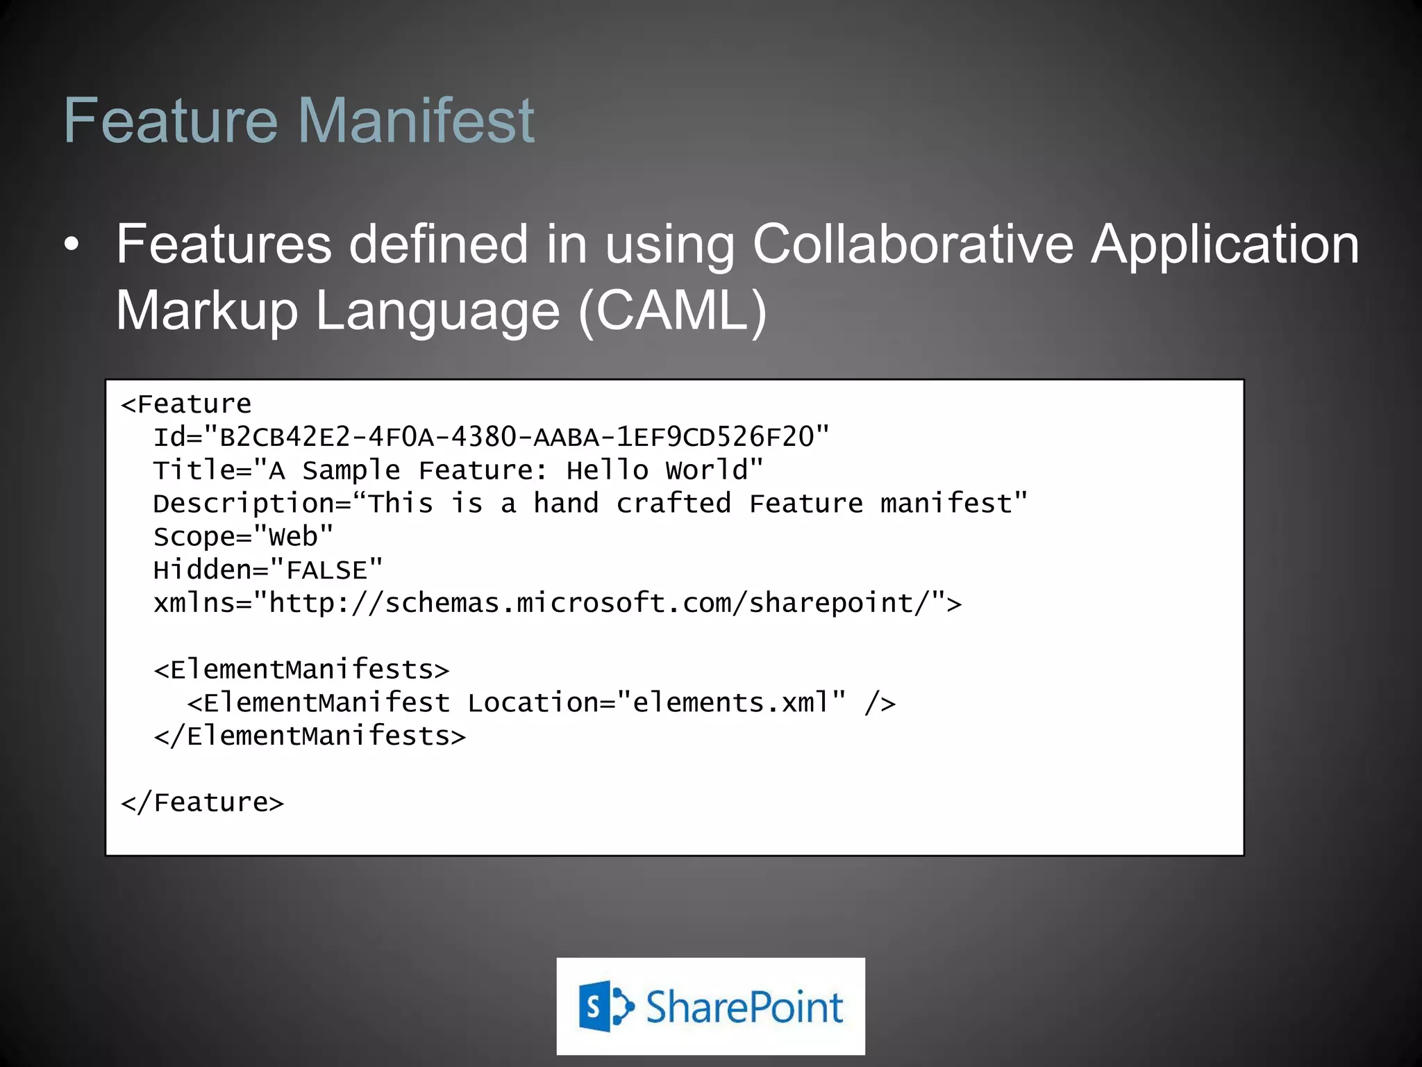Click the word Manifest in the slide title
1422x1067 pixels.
click(x=416, y=121)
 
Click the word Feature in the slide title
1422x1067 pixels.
click(x=171, y=121)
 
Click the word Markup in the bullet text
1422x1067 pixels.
click(x=207, y=311)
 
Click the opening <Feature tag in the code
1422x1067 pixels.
click(x=186, y=404)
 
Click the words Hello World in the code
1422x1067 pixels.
click(x=657, y=471)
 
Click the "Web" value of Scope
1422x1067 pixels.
click(x=293, y=537)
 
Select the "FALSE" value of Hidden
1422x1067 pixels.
click(x=326, y=570)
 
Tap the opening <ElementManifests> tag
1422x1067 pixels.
click(x=301, y=670)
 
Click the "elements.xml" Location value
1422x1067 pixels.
click(x=731, y=703)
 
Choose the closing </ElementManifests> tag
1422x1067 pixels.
click(x=310, y=736)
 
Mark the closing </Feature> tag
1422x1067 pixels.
click(x=202, y=803)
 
